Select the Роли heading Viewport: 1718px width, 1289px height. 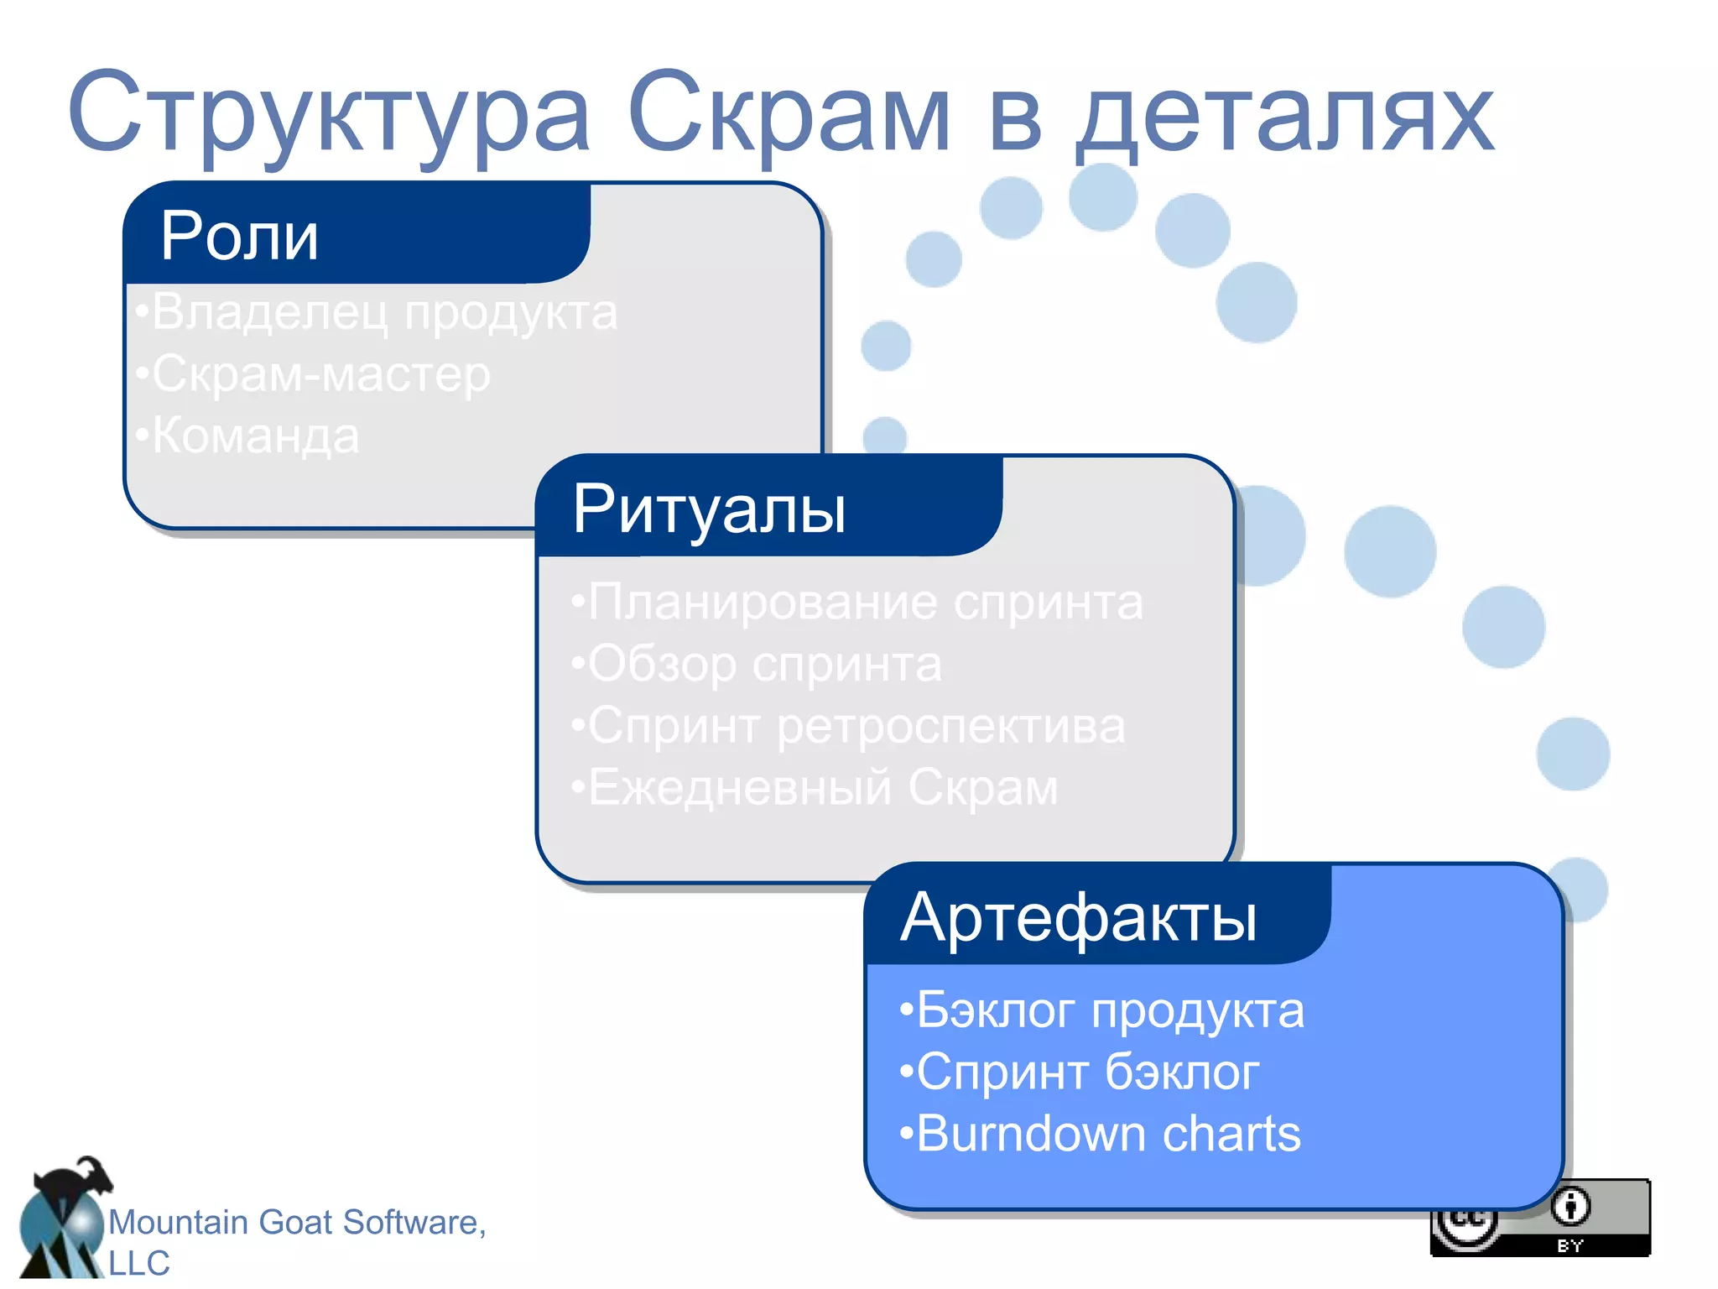coord(240,237)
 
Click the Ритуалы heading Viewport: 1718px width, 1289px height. coord(709,509)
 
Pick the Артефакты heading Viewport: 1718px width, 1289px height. coord(1079,917)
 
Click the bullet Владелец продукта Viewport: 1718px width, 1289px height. coord(377,312)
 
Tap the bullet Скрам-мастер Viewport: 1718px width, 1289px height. coord(314,374)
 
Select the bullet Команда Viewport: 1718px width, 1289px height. coord(248,436)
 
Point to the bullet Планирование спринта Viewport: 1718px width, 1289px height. coord(857,603)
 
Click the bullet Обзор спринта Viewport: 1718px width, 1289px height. coord(757,665)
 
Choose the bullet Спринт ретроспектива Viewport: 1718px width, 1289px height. coord(848,727)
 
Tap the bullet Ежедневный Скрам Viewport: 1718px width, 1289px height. coord(815,788)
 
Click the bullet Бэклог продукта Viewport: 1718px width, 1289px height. coord(1102,1010)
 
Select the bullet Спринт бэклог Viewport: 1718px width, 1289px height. coord(1080,1072)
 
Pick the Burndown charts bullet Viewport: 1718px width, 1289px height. coord(1101,1134)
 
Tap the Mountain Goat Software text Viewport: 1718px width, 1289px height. coord(297,1224)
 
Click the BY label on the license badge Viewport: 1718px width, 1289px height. coord(1570,1246)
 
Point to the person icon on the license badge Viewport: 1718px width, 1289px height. coord(1570,1207)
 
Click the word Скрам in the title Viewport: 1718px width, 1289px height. coord(789,113)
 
